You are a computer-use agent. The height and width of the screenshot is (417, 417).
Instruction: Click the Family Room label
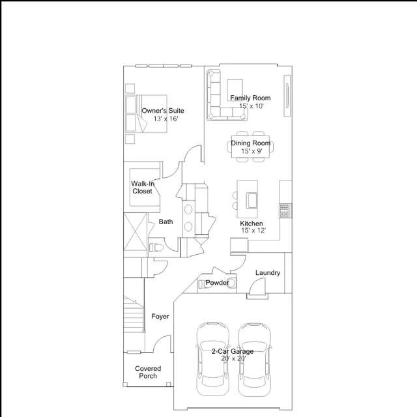(x=250, y=98)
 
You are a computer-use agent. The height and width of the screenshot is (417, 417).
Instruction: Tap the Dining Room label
(x=250, y=143)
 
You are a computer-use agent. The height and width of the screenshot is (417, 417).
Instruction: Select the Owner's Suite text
(x=163, y=111)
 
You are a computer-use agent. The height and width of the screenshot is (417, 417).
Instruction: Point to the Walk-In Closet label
(x=143, y=187)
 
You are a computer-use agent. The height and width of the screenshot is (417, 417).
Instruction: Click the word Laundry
(x=268, y=273)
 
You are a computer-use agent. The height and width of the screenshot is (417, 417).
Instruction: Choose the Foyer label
(x=160, y=317)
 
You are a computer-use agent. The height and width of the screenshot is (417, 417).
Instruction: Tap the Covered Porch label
(x=148, y=372)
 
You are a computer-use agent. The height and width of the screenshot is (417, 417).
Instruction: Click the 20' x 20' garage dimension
(x=233, y=359)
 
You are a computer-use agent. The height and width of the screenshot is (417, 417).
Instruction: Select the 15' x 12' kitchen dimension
(x=253, y=231)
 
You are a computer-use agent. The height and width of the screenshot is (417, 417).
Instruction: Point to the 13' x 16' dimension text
(x=165, y=119)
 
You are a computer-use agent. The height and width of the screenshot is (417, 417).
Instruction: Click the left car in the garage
(x=213, y=359)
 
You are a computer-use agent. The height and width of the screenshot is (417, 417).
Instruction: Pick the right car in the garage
(x=255, y=360)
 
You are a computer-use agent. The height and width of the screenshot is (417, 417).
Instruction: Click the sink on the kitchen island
(x=252, y=201)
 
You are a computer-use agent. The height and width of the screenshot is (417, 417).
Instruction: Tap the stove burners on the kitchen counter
(x=285, y=210)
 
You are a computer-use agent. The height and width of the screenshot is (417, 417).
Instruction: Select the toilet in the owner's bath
(x=156, y=248)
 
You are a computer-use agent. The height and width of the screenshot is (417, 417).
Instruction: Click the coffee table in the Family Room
(x=235, y=90)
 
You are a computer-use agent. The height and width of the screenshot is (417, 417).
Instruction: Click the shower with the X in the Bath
(x=136, y=232)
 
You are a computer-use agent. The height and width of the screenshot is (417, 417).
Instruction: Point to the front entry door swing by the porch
(x=162, y=343)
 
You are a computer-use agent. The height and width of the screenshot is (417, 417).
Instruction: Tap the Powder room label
(x=217, y=283)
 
